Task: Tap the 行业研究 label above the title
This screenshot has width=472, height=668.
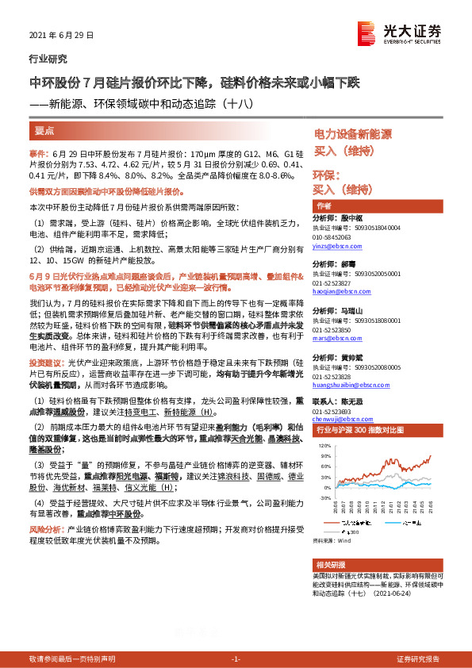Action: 48,59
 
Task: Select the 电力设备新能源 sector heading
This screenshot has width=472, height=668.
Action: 353,135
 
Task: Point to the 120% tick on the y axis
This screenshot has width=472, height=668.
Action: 324,447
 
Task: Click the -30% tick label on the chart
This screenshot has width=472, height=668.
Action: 324,498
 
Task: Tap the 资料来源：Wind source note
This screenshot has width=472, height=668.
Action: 331,540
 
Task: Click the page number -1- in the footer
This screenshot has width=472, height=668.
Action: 235,659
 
